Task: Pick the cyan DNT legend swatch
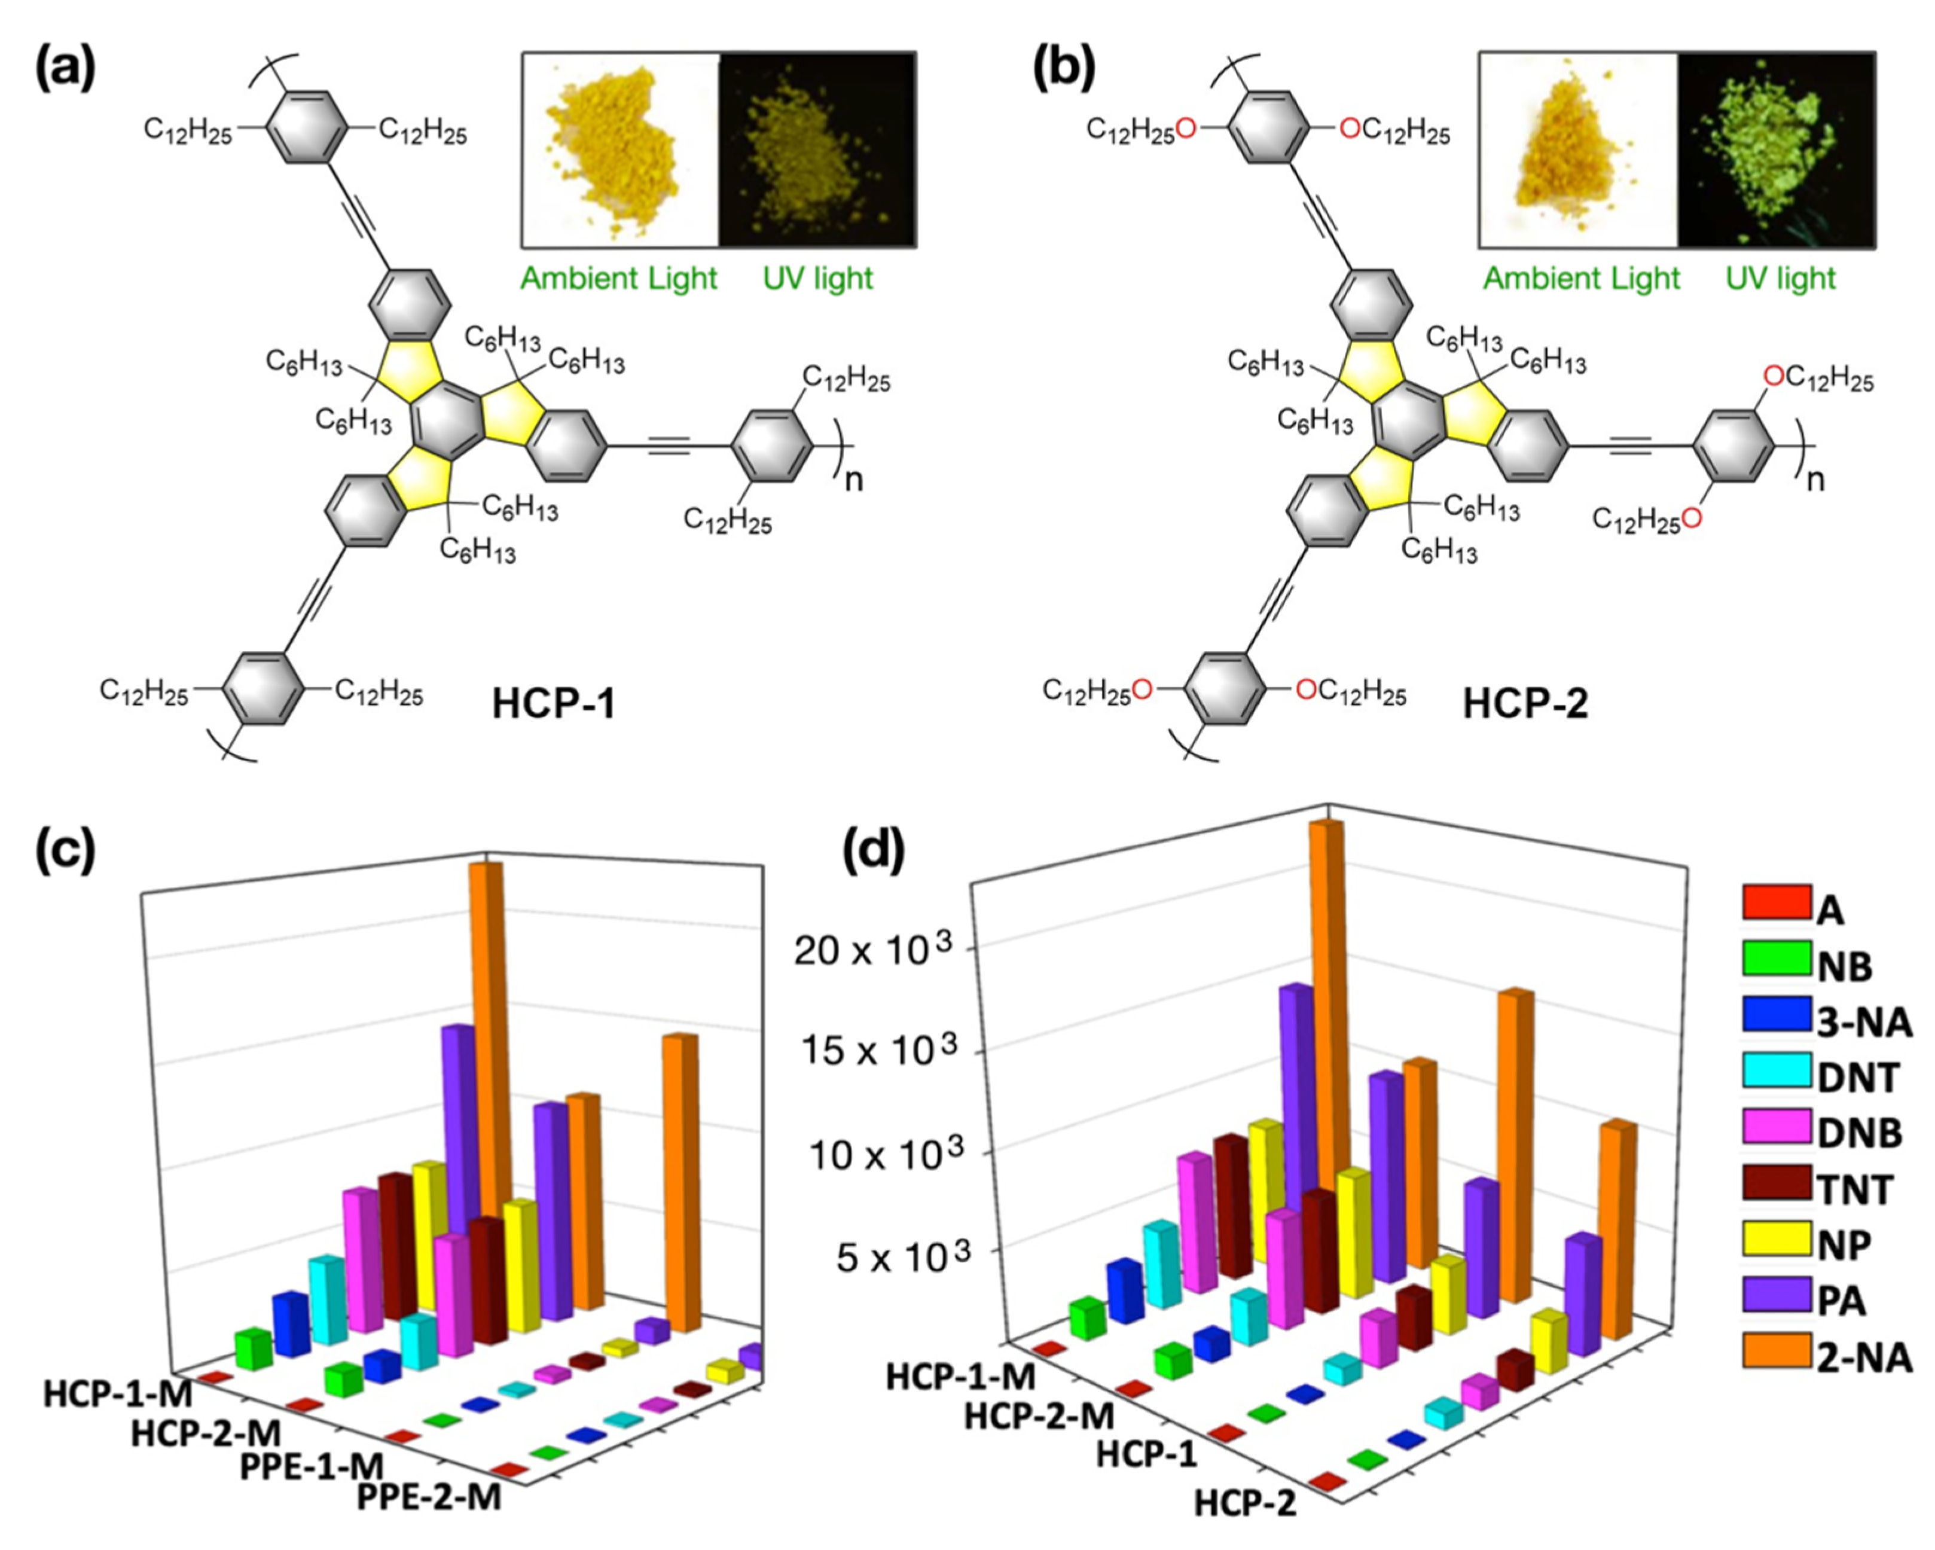(1776, 1071)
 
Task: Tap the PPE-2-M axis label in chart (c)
(429, 1497)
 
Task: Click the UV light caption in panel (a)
(817, 278)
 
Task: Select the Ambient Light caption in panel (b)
(1580, 278)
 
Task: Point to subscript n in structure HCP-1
(853, 481)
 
